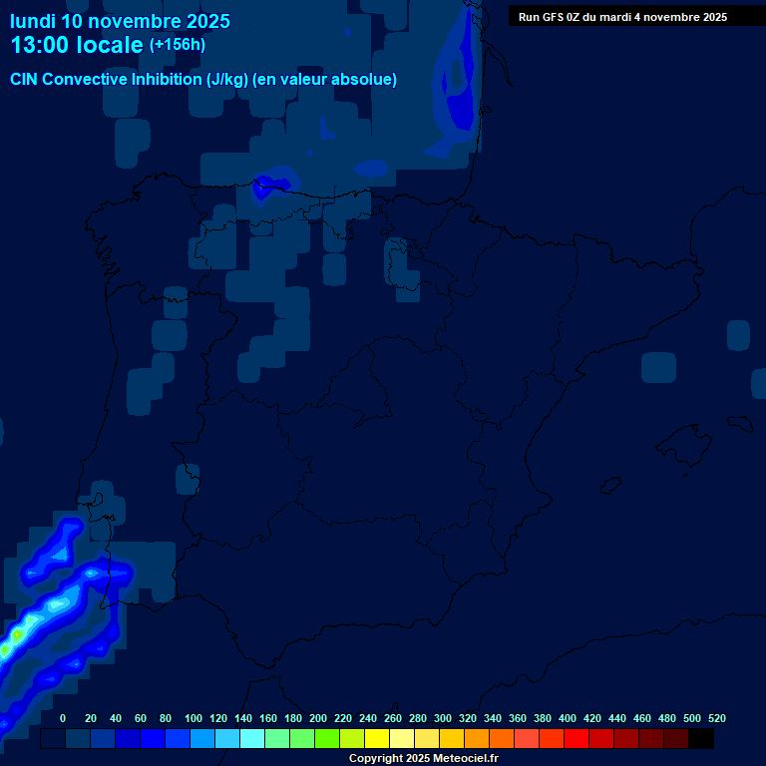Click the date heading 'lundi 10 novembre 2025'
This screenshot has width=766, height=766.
tap(120, 21)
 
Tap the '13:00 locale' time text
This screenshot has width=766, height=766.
tap(77, 45)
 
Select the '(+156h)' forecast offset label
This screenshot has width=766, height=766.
tap(177, 44)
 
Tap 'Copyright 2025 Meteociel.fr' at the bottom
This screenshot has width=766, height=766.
tap(423, 759)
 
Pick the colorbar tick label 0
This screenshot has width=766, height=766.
tap(63, 718)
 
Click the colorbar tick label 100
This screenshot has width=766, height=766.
tap(192, 718)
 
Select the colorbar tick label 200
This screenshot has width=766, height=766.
tap(317, 718)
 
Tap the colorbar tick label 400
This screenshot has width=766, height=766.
tap(567, 718)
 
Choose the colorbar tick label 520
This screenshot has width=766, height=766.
tap(716, 718)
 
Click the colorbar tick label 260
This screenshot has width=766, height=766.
tap(392, 718)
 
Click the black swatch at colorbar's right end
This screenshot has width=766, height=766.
tap(701, 739)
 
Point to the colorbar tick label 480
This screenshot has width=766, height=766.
tap(666, 718)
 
